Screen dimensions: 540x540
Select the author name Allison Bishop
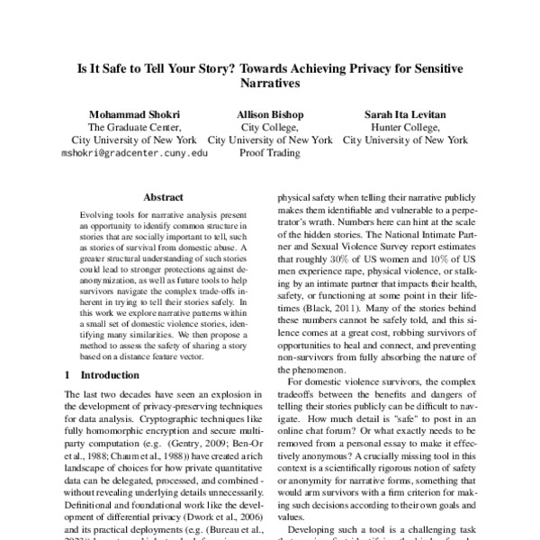click(x=269, y=114)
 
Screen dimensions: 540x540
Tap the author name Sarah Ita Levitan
click(x=406, y=114)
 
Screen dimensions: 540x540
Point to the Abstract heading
click(x=163, y=197)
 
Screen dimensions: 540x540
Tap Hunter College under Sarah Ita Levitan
click(x=406, y=128)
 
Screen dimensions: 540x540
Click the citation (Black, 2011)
click(x=330, y=307)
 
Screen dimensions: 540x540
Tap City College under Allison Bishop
click(x=269, y=128)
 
